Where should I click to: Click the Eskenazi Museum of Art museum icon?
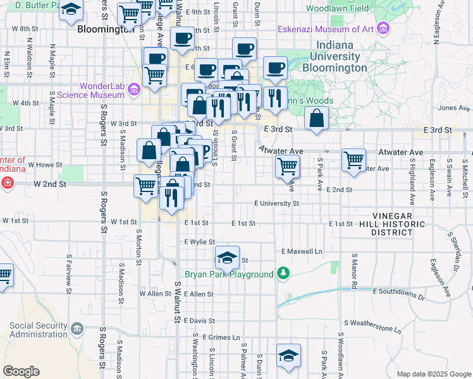pos(382,28)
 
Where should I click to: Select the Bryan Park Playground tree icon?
pos(285,274)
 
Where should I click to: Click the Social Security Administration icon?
pos(77,329)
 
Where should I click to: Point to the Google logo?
pos(21,371)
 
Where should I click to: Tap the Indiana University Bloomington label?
pos(335,56)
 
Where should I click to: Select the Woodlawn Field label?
pos(337,9)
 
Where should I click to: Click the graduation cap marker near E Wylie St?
pos(227,257)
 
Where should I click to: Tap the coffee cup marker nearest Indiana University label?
pos(274,68)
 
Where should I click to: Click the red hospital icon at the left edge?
pos(6,183)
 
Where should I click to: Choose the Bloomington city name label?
pos(105,29)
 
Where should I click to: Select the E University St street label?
pos(276,204)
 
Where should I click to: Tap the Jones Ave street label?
pos(455,108)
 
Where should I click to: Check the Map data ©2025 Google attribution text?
pos(433,374)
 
